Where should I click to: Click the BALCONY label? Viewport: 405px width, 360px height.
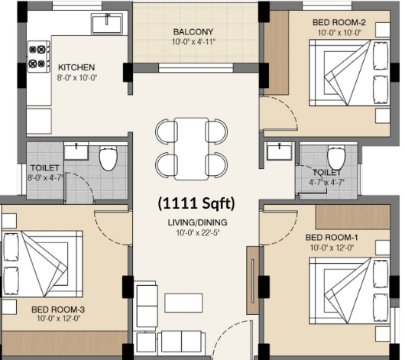pyautogui.click(x=193, y=32)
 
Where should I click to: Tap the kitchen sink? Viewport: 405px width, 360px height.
pyautogui.click(x=107, y=23)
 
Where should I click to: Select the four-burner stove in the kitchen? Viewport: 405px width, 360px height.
pyautogui.click(x=39, y=57)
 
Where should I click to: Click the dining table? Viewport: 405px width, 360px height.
pyautogui.click(x=191, y=148)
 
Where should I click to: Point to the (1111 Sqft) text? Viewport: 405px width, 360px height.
pyautogui.click(x=196, y=203)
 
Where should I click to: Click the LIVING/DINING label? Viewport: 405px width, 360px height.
pyautogui.click(x=198, y=222)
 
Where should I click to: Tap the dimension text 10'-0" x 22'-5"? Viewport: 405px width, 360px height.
pyautogui.click(x=198, y=233)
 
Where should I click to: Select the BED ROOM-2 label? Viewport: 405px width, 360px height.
pyautogui.click(x=339, y=22)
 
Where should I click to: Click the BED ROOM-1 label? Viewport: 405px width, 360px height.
pyautogui.click(x=332, y=237)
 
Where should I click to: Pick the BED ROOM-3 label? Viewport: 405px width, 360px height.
pyautogui.click(x=58, y=310)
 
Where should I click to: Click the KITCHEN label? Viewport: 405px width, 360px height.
pyautogui.click(x=76, y=67)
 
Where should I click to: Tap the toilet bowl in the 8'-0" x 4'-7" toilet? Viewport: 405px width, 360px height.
pyautogui.click(x=109, y=159)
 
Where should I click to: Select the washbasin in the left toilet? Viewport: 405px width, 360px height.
pyautogui.click(x=76, y=151)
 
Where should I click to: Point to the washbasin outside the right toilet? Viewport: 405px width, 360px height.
pyautogui.click(x=280, y=151)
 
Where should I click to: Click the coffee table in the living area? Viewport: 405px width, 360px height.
pyautogui.click(x=183, y=303)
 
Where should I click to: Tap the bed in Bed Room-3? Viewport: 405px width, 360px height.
pyautogui.click(x=42, y=264)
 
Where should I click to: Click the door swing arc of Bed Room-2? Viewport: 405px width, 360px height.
pyautogui.click(x=290, y=109)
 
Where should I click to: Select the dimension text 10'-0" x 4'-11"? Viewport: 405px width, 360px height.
pyautogui.click(x=193, y=42)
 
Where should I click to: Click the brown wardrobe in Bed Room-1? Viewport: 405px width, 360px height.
pyautogui.click(x=353, y=217)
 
